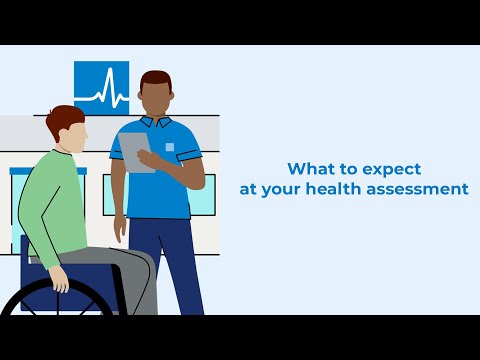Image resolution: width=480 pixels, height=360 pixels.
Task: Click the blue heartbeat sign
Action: pos(101,88)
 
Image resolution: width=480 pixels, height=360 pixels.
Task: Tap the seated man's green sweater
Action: pos(55,205)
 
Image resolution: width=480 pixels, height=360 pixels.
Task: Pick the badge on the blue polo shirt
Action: pos(169,147)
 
